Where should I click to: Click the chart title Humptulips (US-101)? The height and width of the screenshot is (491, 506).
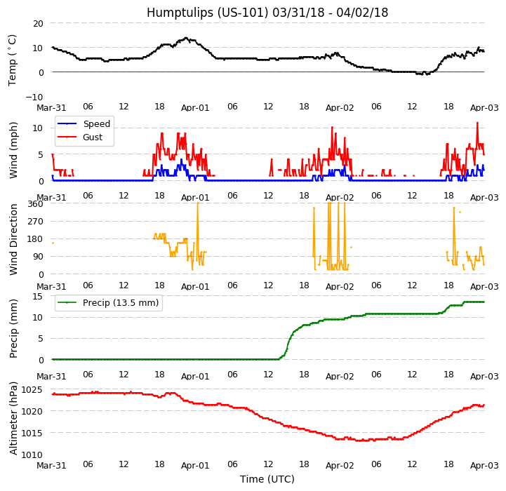267,13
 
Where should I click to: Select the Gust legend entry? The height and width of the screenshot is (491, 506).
94,138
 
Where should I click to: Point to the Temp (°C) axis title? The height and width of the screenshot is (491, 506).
13,60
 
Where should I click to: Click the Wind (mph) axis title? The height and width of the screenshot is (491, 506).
13,149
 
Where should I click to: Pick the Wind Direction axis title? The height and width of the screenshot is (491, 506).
13,239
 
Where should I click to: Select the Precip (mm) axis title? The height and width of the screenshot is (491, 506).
13,328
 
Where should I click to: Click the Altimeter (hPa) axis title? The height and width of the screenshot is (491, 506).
13,418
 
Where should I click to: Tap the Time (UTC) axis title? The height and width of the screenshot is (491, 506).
267,479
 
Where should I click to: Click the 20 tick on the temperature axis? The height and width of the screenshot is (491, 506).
37,23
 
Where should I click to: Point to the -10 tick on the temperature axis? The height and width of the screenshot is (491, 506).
34,97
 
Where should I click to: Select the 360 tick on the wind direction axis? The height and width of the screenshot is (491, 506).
34,204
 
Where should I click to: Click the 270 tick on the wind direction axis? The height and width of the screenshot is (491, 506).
34,222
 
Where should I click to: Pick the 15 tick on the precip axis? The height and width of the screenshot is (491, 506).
37,296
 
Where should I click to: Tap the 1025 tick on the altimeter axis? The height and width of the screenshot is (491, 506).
32,389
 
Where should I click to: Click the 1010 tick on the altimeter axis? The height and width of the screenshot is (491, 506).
32,455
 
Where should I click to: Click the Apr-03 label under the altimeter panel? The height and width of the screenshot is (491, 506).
484,465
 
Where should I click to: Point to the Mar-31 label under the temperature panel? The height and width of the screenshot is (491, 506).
51,107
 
